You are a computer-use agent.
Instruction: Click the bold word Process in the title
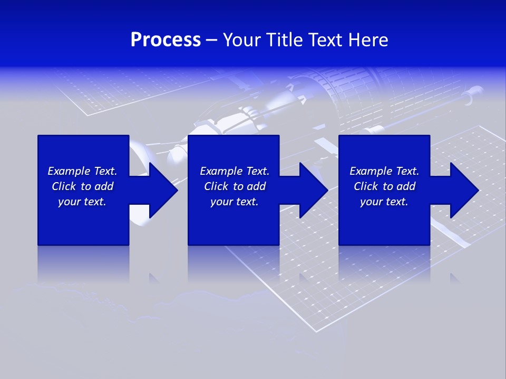166,40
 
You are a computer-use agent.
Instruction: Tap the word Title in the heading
284,40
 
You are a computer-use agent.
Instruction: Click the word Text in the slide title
326,40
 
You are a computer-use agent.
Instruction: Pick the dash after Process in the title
212,40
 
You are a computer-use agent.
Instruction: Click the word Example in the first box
69,171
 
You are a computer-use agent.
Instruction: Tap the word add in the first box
103,186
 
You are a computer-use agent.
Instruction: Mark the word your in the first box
69,202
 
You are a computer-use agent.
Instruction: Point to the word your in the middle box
221,202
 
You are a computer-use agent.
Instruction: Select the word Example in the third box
371,171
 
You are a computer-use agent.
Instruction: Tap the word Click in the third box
366,186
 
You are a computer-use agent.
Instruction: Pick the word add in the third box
405,186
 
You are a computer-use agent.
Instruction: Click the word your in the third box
371,202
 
